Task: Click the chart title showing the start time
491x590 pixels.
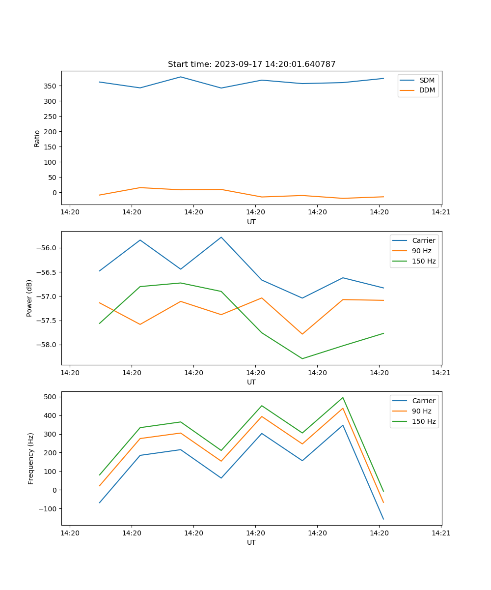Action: tap(251, 64)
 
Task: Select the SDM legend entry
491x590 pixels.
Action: tap(426, 80)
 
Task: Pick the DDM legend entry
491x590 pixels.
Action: tap(426, 90)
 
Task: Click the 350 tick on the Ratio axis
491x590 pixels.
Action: tap(51, 86)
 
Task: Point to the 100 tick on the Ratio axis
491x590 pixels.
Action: tap(51, 162)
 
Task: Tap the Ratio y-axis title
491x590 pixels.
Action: tap(37, 138)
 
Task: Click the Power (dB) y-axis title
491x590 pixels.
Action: tap(29, 298)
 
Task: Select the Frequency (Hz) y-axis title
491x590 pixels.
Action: tap(30, 458)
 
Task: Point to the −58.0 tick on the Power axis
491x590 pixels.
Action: tap(48, 345)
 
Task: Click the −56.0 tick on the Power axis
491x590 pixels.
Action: tap(48, 248)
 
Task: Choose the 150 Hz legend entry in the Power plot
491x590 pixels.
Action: tap(423, 261)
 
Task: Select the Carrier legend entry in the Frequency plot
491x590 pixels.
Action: tap(423, 401)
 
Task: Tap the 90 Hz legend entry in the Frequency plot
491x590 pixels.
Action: tap(421, 411)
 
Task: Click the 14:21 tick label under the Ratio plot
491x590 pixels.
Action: tap(440, 212)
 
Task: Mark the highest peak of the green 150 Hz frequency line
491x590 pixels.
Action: tap(343, 398)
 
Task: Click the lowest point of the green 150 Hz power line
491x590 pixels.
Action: tap(302, 358)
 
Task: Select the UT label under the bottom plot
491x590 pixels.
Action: tap(251, 542)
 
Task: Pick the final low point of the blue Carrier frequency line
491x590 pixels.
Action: tap(383, 519)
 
